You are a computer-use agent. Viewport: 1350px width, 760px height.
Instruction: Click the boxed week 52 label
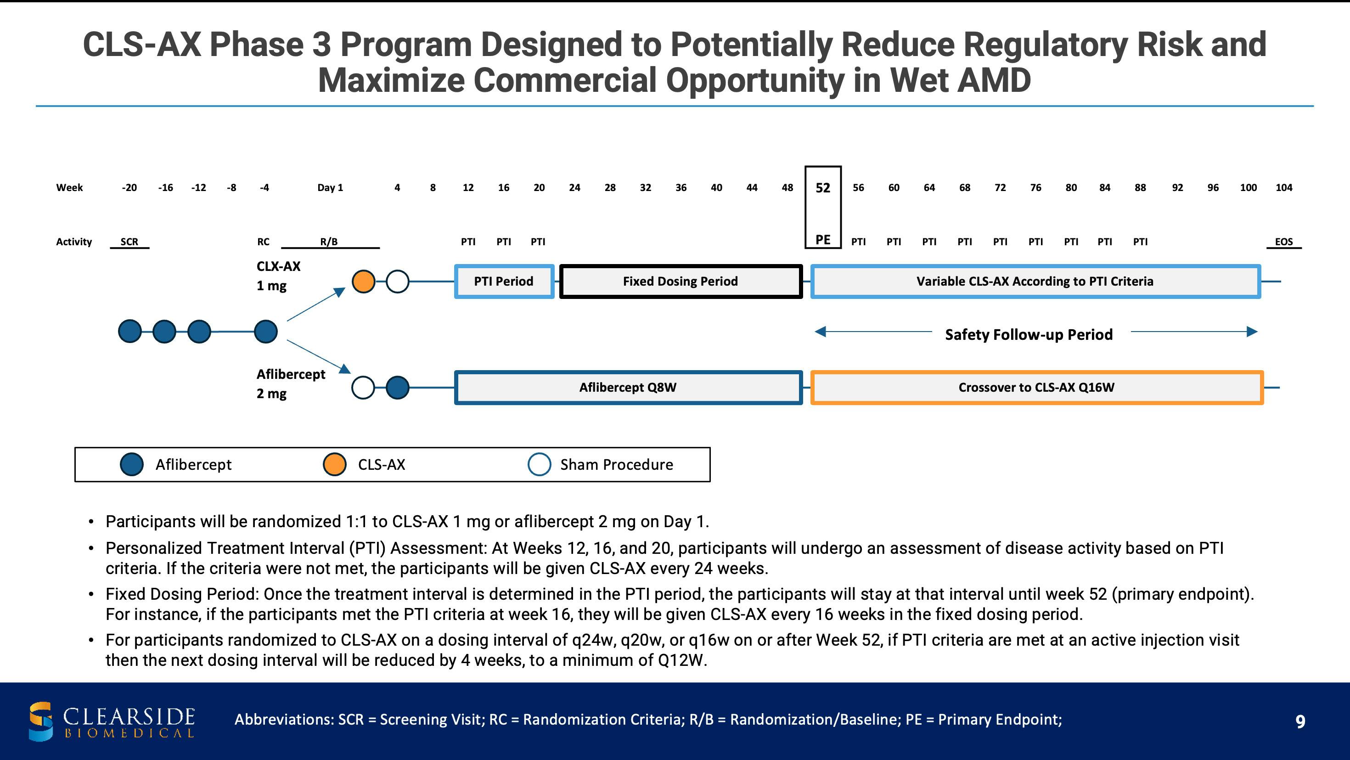[x=823, y=188]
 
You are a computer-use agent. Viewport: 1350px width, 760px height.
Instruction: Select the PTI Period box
[x=504, y=281]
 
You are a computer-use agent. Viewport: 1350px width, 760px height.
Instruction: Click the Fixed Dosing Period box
[x=681, y=281]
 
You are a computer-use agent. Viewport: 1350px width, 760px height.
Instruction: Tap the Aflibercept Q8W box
[x=628, y=387]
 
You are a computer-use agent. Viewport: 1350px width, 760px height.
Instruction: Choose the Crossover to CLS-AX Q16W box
[x=1037, y=387]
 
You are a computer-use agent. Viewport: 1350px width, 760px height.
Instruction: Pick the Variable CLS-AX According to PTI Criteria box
[x=1035, y=281]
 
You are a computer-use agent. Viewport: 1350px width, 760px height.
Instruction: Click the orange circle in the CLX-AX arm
[x=363, y=281]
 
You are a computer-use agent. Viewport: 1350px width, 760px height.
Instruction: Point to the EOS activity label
[x=1284, y=242]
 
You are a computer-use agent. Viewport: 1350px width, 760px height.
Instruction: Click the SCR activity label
[x=129, y=242]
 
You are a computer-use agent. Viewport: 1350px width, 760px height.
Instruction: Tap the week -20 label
[x=129, y=188]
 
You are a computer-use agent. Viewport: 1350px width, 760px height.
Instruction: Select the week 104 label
[x=1284, y=188]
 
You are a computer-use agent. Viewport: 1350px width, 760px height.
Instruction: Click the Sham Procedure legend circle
[x=539, y=464]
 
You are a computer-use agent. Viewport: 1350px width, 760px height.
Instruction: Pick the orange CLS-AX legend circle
[x=334, y=464]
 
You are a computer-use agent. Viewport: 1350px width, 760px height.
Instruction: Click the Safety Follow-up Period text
[x=1029, y=334]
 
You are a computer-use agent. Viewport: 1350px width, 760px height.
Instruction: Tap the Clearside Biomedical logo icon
[x=41, y=721]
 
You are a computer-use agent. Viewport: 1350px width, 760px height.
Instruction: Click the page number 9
[x=1300, y=722]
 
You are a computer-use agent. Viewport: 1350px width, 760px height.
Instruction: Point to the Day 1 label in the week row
[x=330, y=188]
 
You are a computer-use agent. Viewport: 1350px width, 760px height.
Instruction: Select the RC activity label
[x=263, y=242]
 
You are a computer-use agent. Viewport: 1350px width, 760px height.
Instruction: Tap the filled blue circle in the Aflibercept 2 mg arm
[x=397, y=388]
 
